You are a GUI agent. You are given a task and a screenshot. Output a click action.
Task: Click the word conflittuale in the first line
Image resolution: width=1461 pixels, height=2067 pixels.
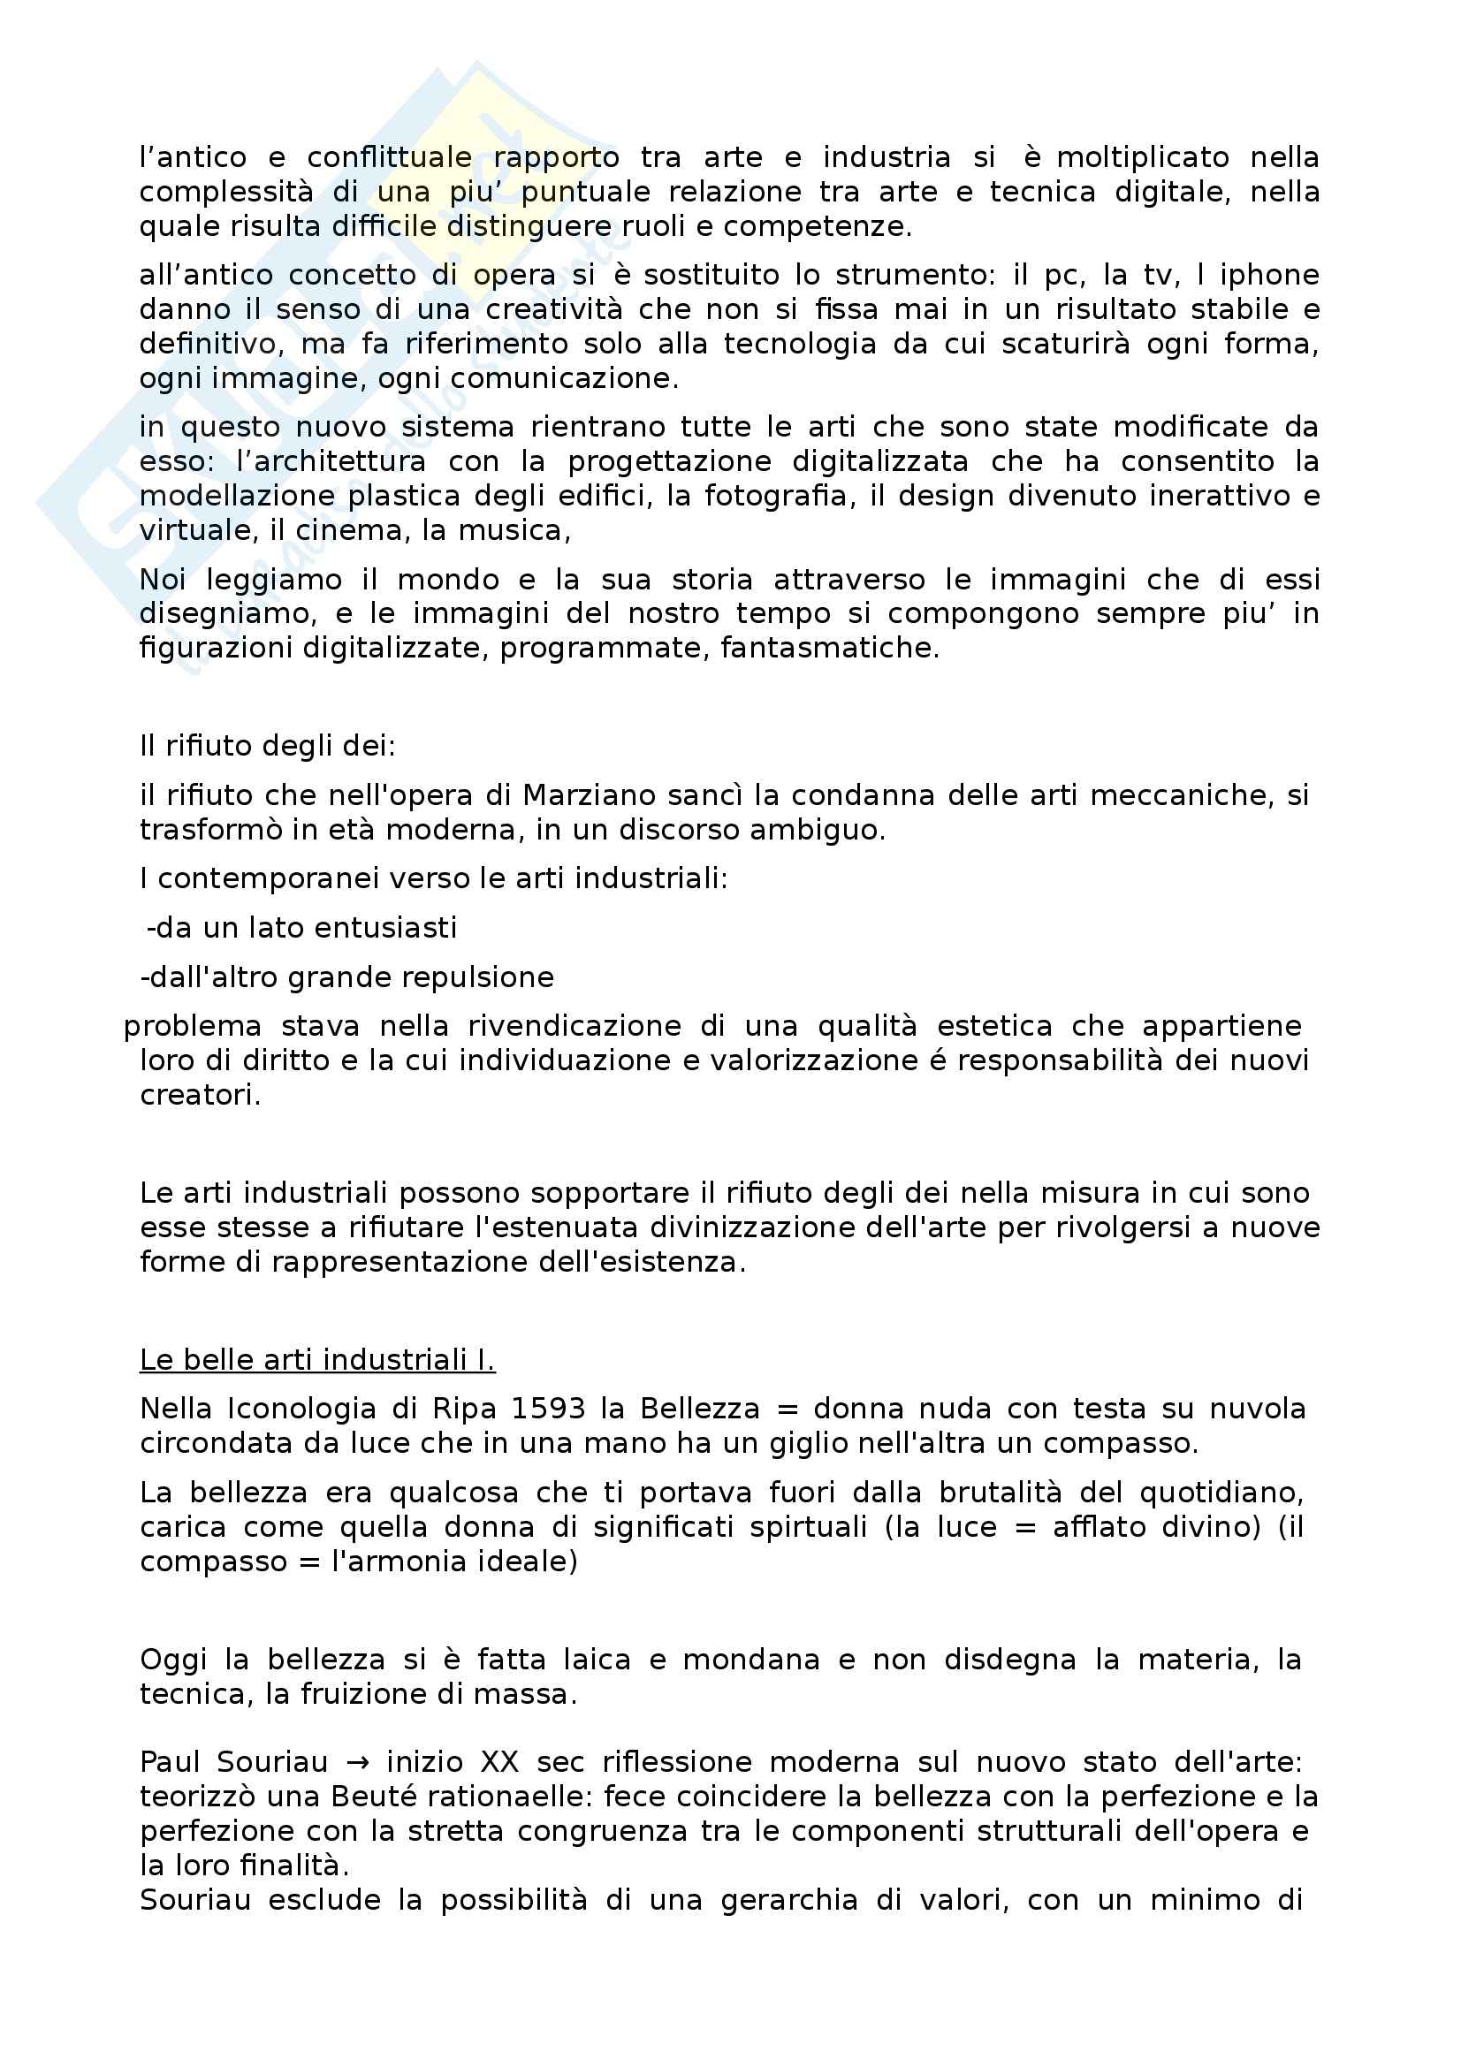389,158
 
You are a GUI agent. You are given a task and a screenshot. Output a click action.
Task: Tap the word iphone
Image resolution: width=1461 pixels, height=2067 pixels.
1269,276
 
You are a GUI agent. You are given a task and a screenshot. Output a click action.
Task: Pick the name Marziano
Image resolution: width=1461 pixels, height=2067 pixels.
588,796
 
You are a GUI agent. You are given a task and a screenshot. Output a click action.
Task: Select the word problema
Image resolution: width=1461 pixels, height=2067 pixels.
192,1026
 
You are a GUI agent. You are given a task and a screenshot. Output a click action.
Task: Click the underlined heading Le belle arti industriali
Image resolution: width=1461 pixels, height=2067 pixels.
317,1360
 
